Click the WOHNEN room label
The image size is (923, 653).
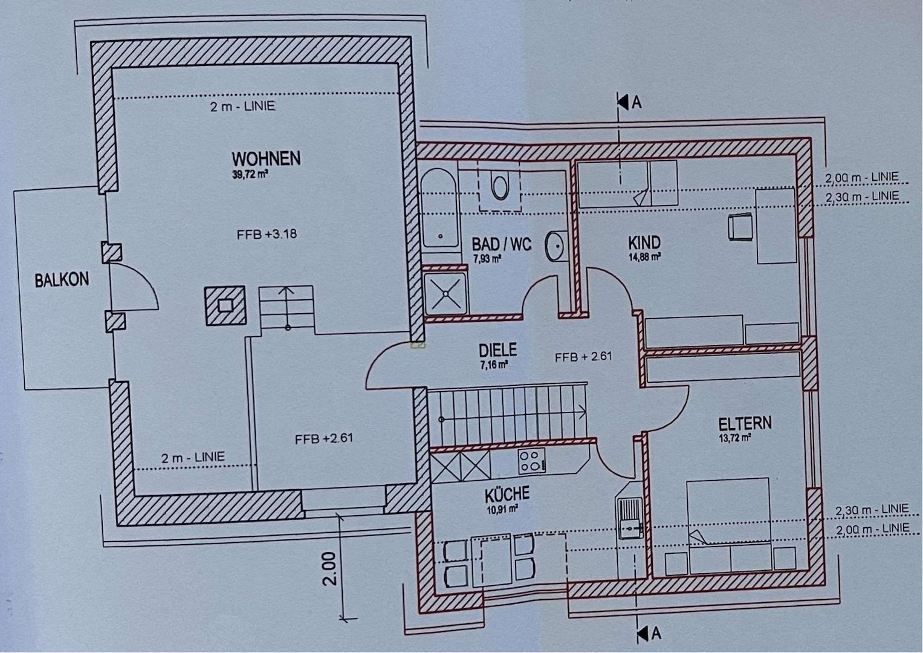[266, 158]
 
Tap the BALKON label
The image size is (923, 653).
[62, 280]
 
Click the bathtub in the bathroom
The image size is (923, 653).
[439, 208]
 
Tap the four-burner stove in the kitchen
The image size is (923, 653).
[531, 461]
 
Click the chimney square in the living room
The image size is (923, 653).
[225, 305]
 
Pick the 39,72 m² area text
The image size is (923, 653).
[250, 174]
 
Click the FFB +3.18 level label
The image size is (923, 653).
[267, 234]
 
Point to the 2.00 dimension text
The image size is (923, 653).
[330, 569]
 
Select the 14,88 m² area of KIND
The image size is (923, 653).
[644, 258]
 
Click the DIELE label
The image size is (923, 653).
[497, 350]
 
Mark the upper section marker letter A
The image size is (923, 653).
[636, 103]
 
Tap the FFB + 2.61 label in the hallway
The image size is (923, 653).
[583, 357]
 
